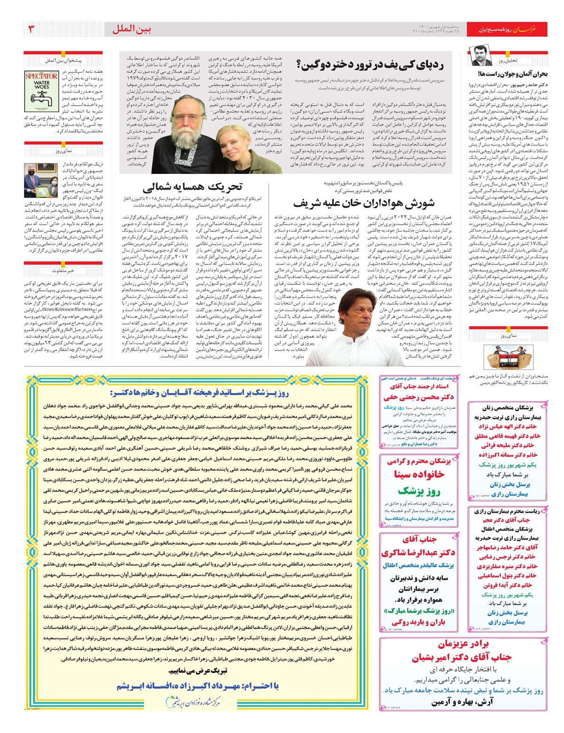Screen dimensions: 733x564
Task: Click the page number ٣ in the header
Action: [x=31, y=29]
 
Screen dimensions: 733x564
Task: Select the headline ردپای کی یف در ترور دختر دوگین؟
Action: [x=370, y=64]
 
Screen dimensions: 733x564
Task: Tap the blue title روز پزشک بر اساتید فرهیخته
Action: [x=199, y=392]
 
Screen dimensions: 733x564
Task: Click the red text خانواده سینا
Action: [x=419, y=475]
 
